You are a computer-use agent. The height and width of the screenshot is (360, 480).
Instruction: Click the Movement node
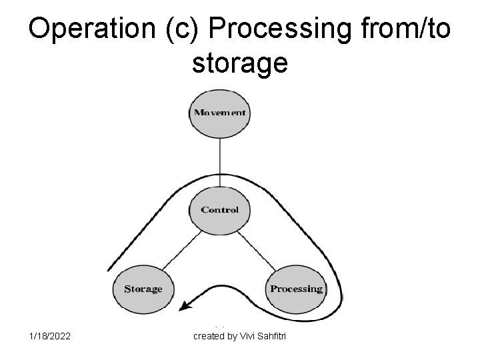point(219,113)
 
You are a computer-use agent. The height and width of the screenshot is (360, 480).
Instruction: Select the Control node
point(219,210)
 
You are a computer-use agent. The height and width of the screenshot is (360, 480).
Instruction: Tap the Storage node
point(143,289)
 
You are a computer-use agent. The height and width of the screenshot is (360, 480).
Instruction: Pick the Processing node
point(296,289)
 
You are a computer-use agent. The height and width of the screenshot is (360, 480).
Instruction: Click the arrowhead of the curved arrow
point(189,305)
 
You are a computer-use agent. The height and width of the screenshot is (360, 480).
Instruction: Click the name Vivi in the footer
point(248,336)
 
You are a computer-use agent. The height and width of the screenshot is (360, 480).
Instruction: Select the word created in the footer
point(209,336)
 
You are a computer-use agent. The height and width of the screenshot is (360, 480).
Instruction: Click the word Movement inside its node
point(219,113)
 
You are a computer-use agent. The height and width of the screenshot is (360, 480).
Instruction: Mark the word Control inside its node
point(219,210)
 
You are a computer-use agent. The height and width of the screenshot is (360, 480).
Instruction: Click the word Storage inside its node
point(143,289)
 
